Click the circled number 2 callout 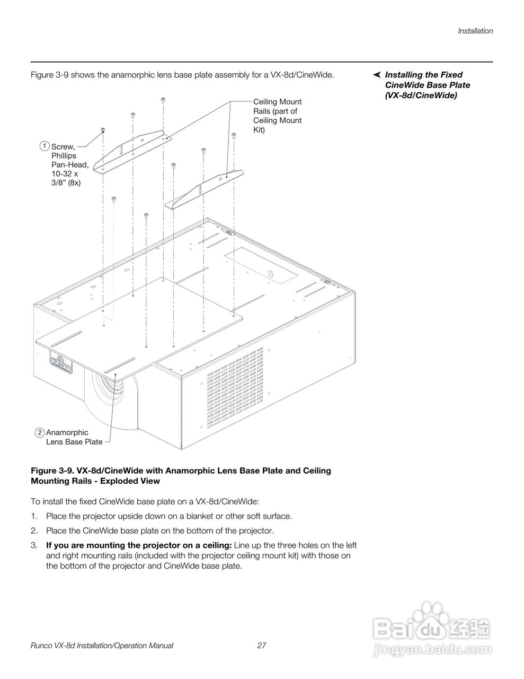(40, 432)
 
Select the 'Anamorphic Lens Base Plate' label (74, 437)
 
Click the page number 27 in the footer (261, 646)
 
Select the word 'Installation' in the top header (475, 31)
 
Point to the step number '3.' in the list (34, 545)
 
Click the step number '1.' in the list (34, 516)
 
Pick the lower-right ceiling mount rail (205, 188)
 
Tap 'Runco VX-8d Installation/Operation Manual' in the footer (102, 646)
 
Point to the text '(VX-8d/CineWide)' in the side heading (421, 95)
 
